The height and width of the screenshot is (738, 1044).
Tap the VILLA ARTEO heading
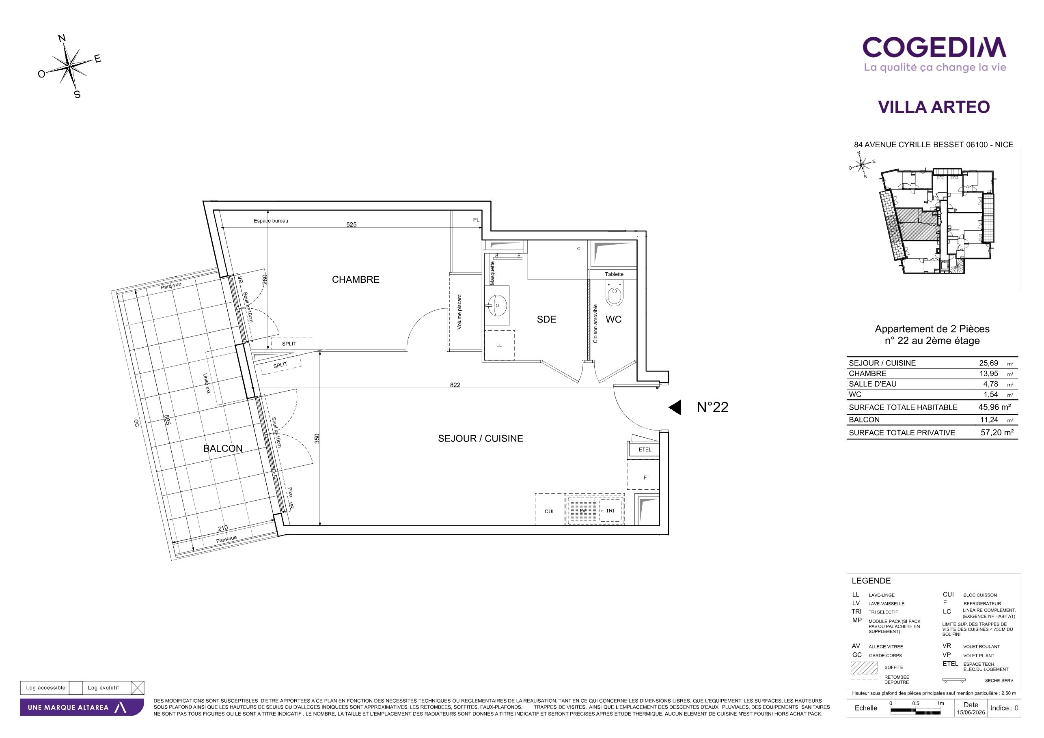[x=934, y=107]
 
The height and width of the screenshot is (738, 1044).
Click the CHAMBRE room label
[x=356, y=280]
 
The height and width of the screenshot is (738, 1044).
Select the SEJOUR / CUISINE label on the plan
[x=480, y=439]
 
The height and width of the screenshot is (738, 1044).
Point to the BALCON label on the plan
[x=223, y=449]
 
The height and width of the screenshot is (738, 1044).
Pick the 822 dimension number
[x=455, y=385]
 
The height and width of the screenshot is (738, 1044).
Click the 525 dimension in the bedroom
[x=352, y=224]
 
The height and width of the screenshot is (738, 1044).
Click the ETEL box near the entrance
[x=645, y=450]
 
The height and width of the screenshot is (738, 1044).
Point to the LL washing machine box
[x=499, y=345]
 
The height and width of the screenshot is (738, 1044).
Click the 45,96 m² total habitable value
[x=994, y=408]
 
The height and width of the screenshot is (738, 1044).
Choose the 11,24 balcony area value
[x=989, y=420]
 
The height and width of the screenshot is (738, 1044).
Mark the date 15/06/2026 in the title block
[x=971, y=712]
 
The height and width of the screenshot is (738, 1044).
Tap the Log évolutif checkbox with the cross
[x=137, y=688]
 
